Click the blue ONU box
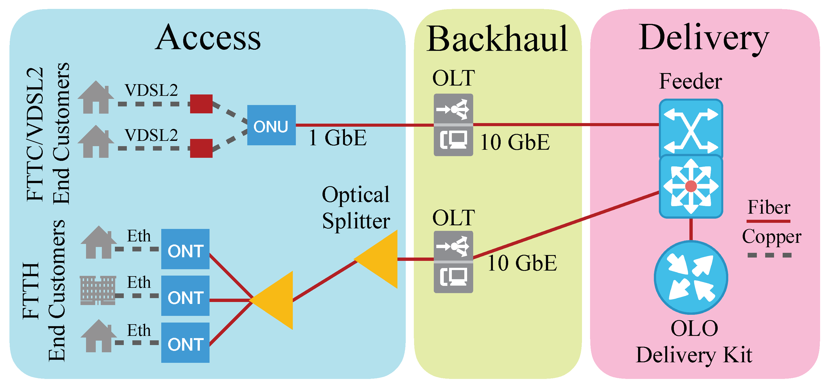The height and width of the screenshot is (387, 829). (271, 125)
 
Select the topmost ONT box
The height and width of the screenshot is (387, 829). (185, 249)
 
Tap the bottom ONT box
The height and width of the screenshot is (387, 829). (185, 343)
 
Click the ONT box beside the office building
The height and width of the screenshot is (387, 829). (185, 296)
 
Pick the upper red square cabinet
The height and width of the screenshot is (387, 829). (201, 104)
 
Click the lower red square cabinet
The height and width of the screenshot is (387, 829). (201, 148)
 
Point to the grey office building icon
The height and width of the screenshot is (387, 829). (97, 290)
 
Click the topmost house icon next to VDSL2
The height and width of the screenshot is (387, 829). (95, 97)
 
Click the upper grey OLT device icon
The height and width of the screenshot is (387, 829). (453, 125)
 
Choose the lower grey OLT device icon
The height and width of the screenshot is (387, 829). (453, 262)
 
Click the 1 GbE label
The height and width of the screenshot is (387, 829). (337, 138)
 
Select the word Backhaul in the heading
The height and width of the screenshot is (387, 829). (497, 39)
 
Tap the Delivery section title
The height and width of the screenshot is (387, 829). (704, 38)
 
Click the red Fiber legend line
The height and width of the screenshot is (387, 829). (768, 221)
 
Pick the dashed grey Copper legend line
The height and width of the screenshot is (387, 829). (769, 255)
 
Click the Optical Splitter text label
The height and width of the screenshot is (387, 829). (356, 208)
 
